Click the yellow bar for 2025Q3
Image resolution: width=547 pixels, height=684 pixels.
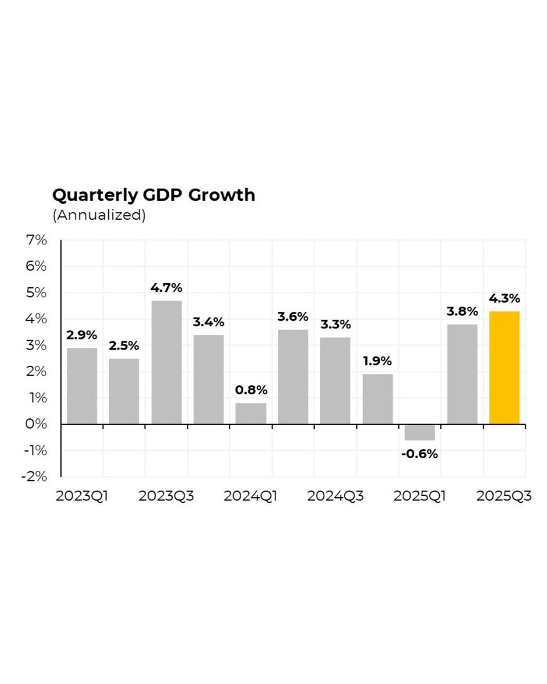(x=504, y=368)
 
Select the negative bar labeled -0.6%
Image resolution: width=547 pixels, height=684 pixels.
(x=420, y=432)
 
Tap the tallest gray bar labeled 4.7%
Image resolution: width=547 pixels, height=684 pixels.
(x=166, y=362)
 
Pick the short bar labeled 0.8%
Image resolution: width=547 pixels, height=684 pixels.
(x=251, y=413)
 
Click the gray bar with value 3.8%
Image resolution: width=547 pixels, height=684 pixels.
(x=462, y=374)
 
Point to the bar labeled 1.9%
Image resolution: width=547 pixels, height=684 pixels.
(x=378, y=399)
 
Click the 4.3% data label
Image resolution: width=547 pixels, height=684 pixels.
(x=504, y=299)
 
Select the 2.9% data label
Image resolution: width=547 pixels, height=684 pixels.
(x=81, y=335)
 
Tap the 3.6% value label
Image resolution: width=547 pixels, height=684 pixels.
(x=293, y=317)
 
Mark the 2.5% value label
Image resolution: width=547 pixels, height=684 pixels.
(x=124, y=346)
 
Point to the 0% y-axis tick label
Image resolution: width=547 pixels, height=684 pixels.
(x=35, y=424)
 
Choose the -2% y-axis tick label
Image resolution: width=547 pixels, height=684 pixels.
(x=33, y=477)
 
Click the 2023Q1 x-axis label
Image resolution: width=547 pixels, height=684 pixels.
(x=82, y=496)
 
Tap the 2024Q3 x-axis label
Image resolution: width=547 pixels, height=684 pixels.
(x=335, y=496)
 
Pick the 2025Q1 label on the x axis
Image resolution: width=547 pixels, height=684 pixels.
(x=420, y=496)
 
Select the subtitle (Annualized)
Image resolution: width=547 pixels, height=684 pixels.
(x=99, y=216)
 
